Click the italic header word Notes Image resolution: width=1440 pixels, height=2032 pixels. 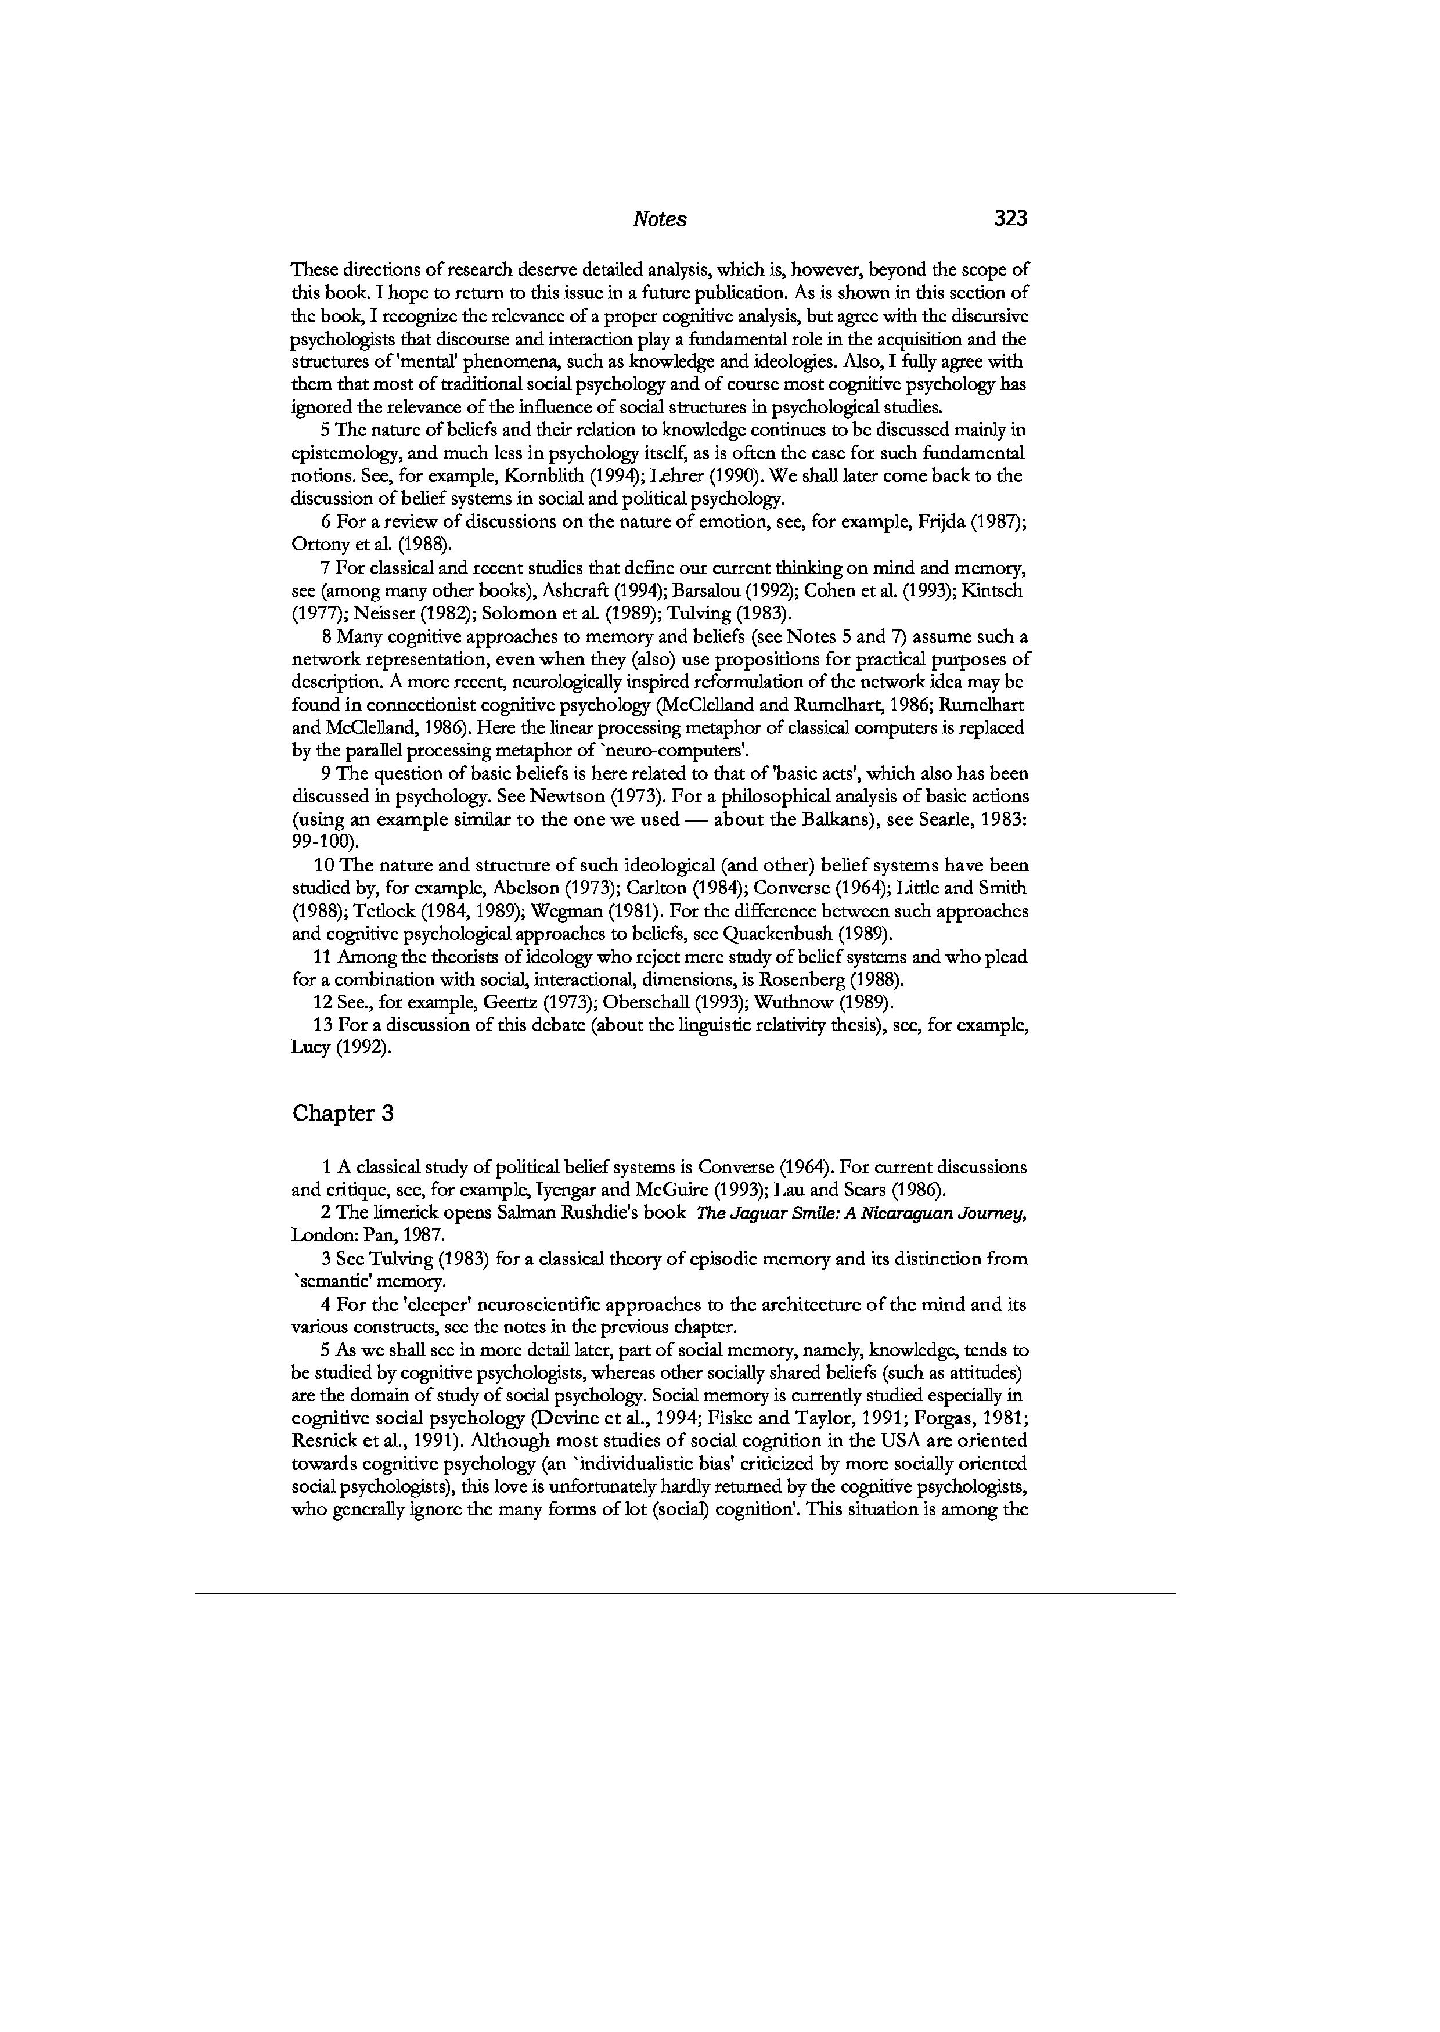660,219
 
